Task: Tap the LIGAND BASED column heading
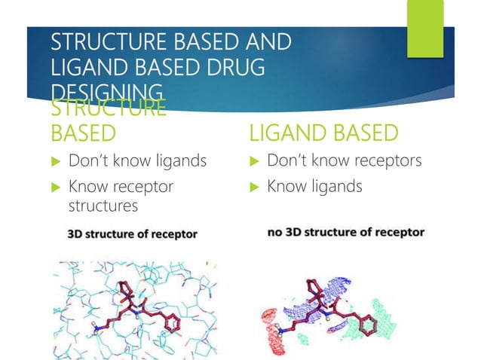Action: [323, 133]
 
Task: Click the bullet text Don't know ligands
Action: [136, 161]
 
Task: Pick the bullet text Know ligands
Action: [314, 185]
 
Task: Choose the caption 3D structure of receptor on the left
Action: [132, 234]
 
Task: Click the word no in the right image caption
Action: [277, 232]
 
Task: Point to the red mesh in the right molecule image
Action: [277, 328]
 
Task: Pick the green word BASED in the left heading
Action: [83, 133]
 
